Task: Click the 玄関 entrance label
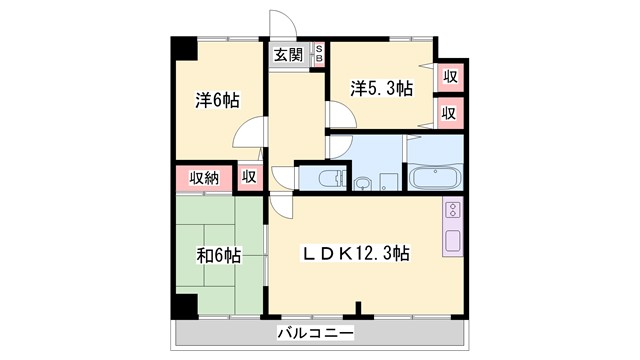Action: point(288,55)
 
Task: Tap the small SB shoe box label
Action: point(319,54)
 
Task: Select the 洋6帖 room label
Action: point(217,100)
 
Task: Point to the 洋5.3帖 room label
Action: point(381,89)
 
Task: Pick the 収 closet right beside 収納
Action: point(249,177)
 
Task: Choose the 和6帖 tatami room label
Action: point(217,256)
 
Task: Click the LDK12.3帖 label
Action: point(357,253)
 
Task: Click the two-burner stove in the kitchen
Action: point(452,210)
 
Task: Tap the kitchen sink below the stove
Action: point(452,241)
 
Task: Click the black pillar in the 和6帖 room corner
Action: point(182,308)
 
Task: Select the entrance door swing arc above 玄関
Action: point(283,26)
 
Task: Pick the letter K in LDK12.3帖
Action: point(342,253)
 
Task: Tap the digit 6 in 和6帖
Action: point(217,256)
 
